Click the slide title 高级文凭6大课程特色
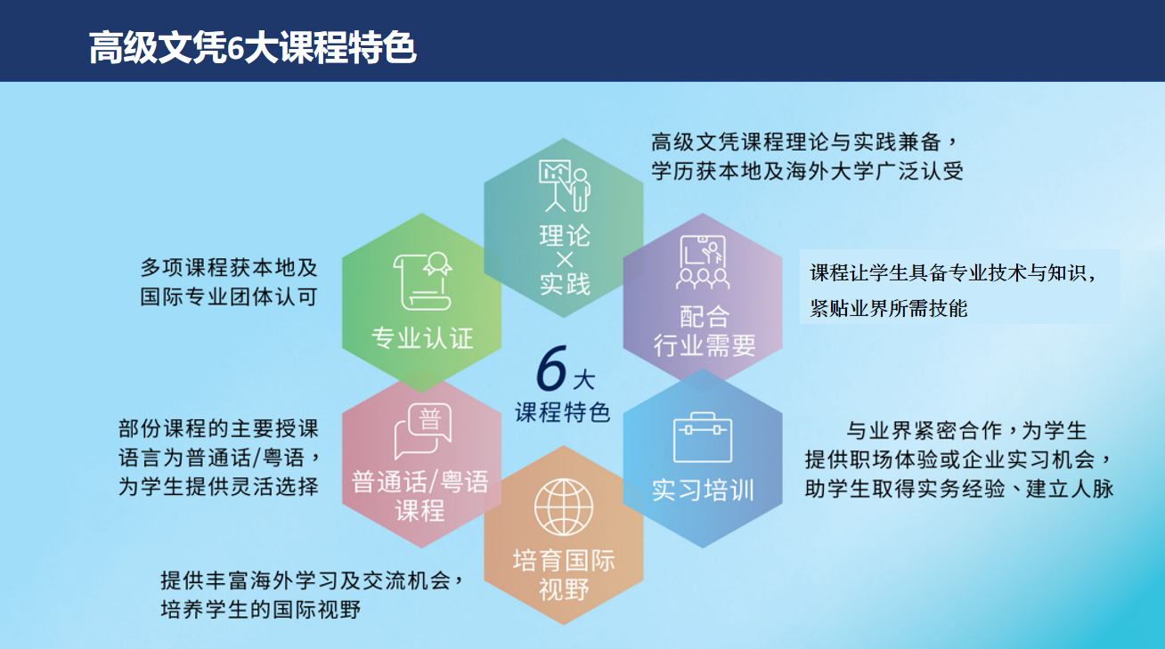click(x=252, y=47)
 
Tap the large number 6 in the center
click(x=551, y=368)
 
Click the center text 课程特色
click(x=562, y=412)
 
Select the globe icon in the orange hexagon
click(x=564, y=507)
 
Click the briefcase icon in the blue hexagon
click(x=703, y=437)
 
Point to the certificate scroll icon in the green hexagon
click(x=423, y=281)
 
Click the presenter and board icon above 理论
click(x=565, y=186)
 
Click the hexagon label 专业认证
click(x=422, y=338)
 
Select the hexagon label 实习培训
click(x=703, y=490)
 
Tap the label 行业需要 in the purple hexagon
click(x=705, y=345)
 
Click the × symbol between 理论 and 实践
click(x=565, y=260)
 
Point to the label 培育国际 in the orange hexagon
click(x=564, y=561)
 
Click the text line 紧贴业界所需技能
click(x=888, y=308)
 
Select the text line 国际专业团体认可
click(x=229, y=297)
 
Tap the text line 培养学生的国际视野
click(x=261, y=610)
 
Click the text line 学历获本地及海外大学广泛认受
click(x=807, y=171)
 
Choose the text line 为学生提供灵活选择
click(x=218, y=487)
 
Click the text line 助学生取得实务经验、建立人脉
click(x=959, y=489)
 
